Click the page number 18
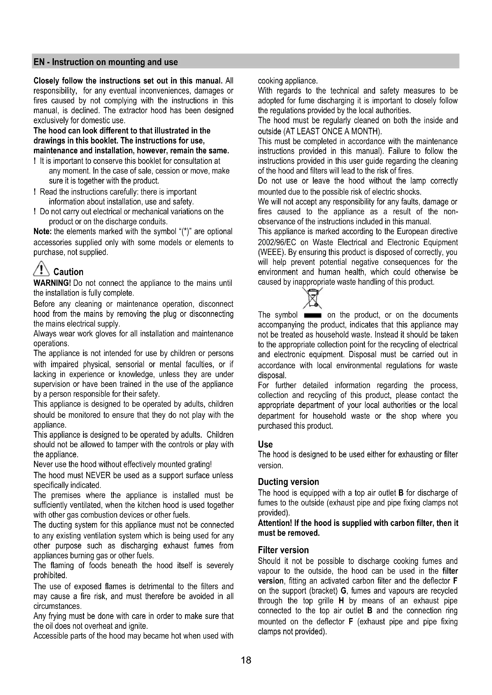pos(246,660)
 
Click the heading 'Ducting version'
pos(288,482)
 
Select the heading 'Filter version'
pos(283,550)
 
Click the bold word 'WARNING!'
pos(52,283)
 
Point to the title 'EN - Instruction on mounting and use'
pos(105,62)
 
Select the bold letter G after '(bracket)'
pos(343,591)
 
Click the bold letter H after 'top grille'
pos(341,601)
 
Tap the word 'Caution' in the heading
pos(68,272)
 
